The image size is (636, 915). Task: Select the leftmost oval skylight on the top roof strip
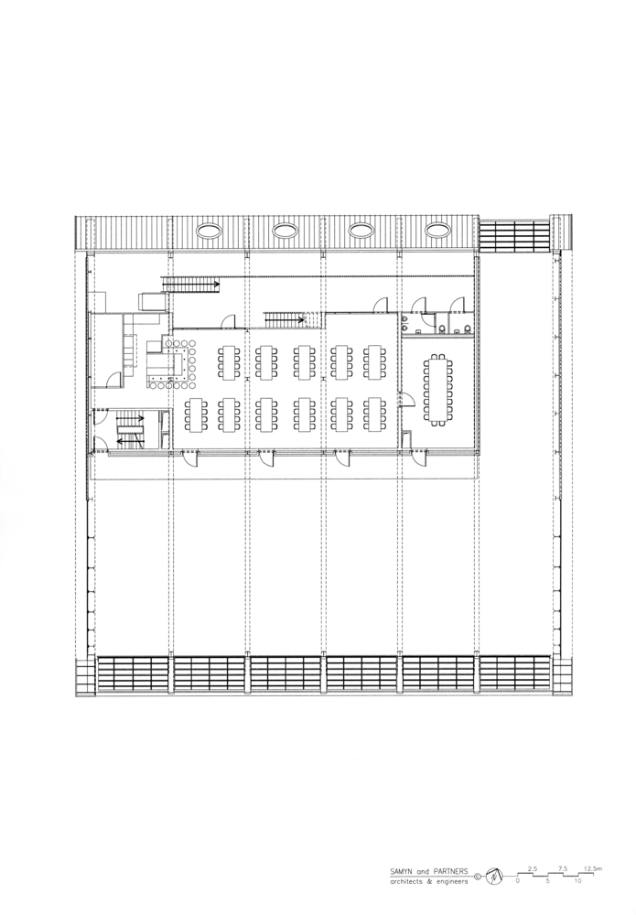pyautogui.click(x=210, y=231)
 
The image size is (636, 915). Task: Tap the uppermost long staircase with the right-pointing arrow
pyautogui.click(x=190, y=285)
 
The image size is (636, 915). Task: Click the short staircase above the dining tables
pyautogui.click(x=285, y=319)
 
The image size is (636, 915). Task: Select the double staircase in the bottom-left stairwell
pyautogui.click(x=130, y=430)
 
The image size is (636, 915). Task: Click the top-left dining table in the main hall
pyautogui.click(x=229, y=362)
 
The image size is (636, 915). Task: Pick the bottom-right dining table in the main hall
pyautogui.click(x=374, y=414)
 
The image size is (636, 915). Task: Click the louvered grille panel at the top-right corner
pyautogui.click(x=514, y=236)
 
